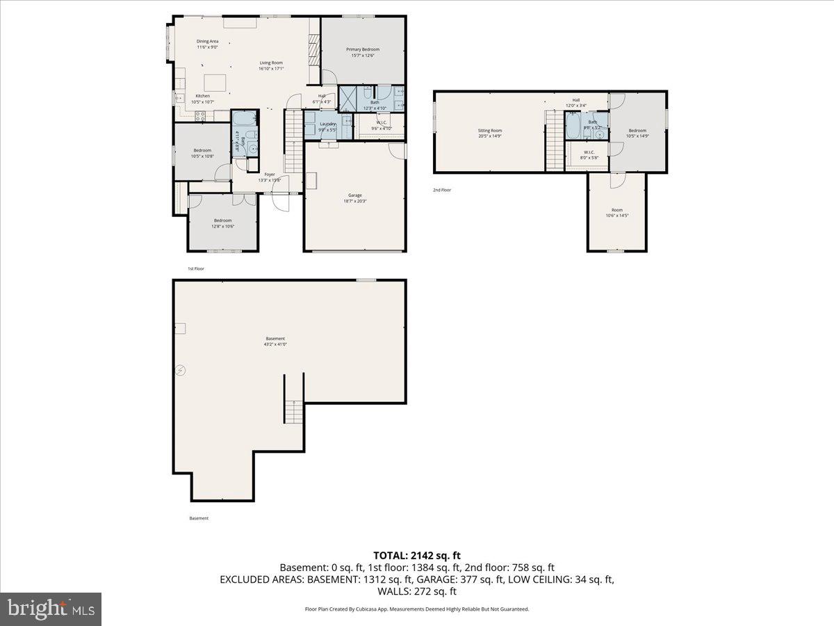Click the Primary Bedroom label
click(x=363, y=49)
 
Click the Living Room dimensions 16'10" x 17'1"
click(x=271, y=68)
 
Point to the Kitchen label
click(x=202, y=96)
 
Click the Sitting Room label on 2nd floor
click(x=490, y=131)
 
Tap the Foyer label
click(x=270, y=174)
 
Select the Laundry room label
click(x=327, y=124)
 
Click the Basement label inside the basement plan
click(x=275, y=339)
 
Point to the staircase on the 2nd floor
click(x=554, y=143)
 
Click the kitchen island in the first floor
click(x=215, y=82)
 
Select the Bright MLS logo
click(x=51, y=609)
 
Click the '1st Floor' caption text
click(x=196, y=268)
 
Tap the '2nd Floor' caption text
click(x=442, y=189)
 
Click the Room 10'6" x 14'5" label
click(x=617, y=213)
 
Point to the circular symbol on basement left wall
click(x=181, y=371)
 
